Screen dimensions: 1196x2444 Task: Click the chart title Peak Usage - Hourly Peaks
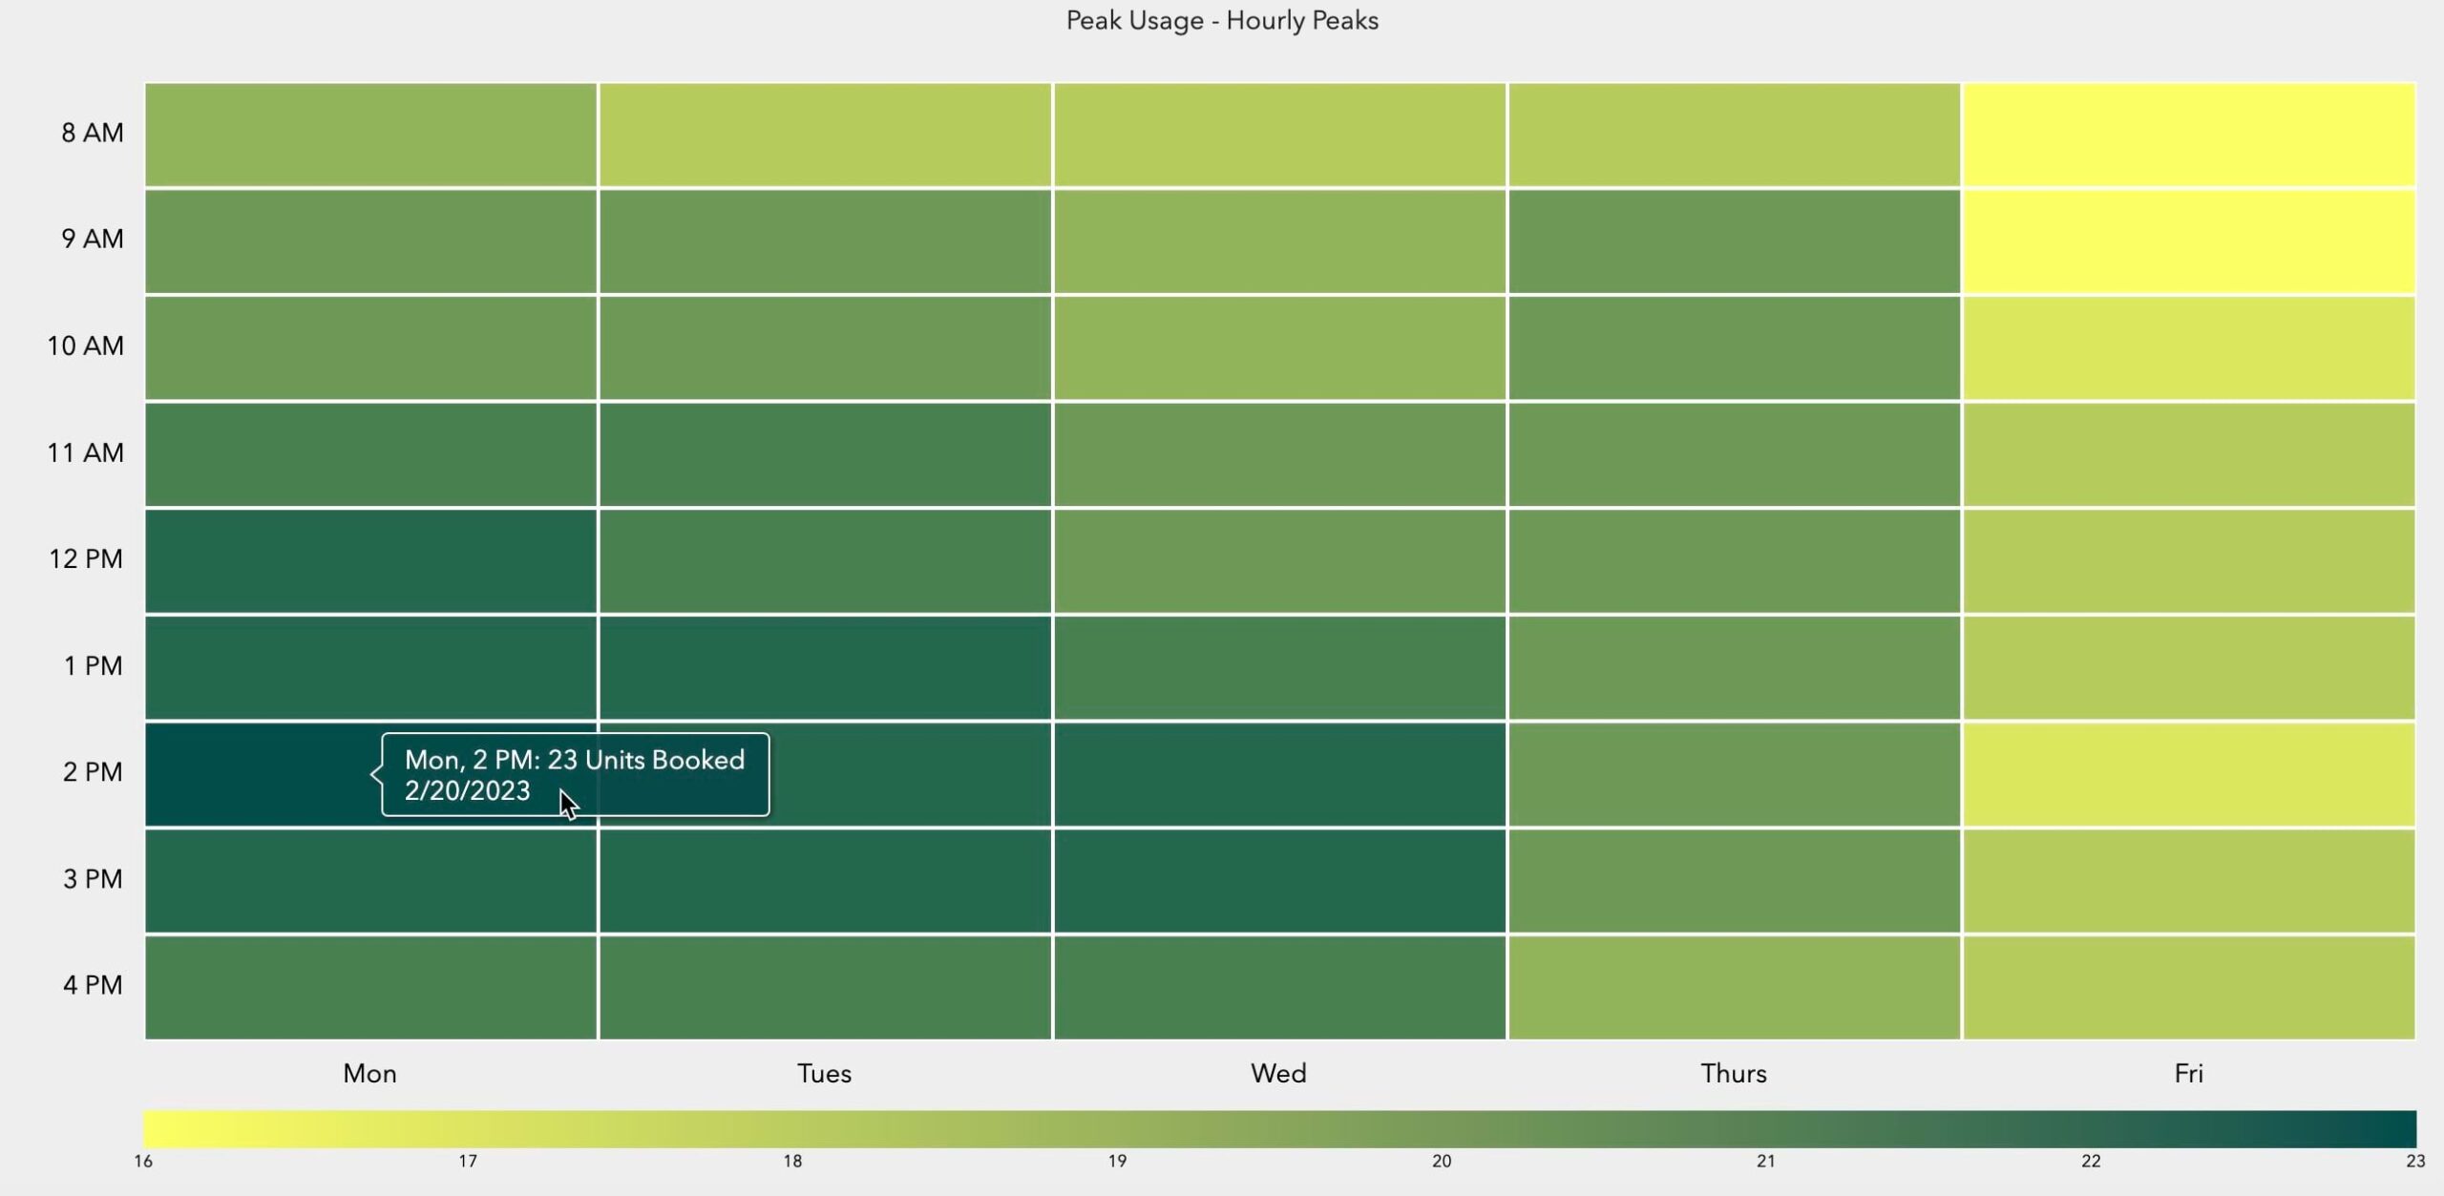pos(1222,21)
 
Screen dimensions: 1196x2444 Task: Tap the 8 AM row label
pos(93,133)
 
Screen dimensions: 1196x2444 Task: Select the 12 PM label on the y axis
pos(86,559)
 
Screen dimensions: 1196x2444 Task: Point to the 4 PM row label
pos(93,985)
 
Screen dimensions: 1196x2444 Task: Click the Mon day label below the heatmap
pos(369,1074)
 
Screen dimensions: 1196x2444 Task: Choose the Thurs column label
pos(1733,1074)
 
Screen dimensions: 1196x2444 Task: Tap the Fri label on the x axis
pos(2188,1074)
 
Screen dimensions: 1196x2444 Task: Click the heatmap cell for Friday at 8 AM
pos(2188,135)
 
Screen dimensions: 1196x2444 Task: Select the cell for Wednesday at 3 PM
pos(1279,880)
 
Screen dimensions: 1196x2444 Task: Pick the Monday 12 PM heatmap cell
pos(370,560)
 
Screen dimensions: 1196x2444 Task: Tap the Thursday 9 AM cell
pos(1734,241)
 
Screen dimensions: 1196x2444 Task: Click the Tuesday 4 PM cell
pos(825,987)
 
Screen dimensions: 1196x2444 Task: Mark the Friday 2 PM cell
pos(2188,774)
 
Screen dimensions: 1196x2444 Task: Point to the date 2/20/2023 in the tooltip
pos(467,791)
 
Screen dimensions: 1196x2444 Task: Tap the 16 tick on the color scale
pos(143,1162)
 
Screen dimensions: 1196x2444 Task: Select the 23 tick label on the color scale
pos(2414,1162)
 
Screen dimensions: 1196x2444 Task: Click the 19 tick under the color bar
pos(1117,1162)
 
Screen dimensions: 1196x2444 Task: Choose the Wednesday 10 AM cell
pos(1279,347)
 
